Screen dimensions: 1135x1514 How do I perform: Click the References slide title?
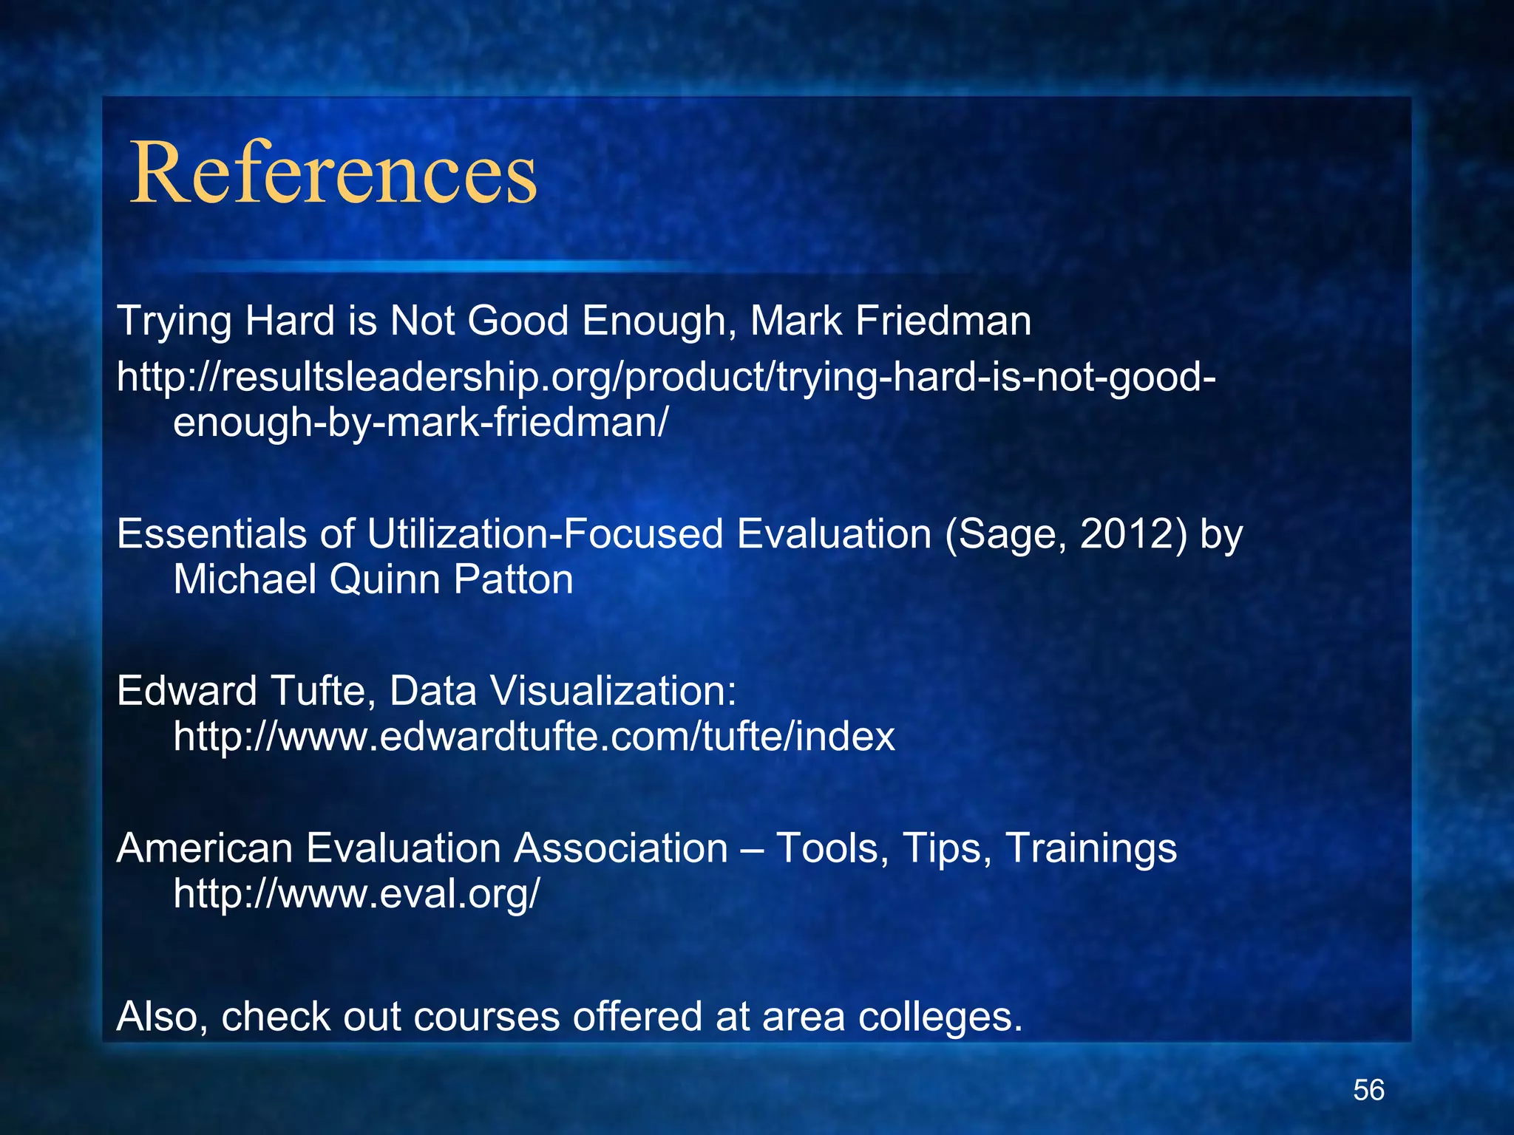pyautogui.click(x=333, y=174)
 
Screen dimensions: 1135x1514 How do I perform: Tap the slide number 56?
pyautogui.click(x=1368, y=1090)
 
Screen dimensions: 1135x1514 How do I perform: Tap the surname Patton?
pyautogui.click(x=513, y=579)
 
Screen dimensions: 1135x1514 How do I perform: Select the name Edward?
pyautogui.click(x=187, y=691)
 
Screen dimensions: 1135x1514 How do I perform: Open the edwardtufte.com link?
pyautogui.click(x=534, y=737)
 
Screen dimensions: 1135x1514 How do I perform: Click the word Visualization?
pyautogui.click(x=613, y=691)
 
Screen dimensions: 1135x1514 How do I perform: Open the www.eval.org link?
pyautogui.click(x=356, y=893)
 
